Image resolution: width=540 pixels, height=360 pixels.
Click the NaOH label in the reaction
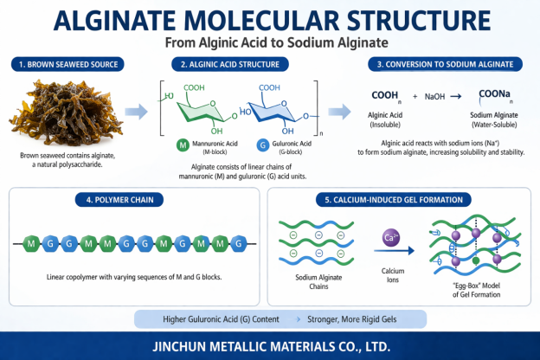[x=435, y=97]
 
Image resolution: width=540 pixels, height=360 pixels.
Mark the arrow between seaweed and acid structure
[x=137, y=111]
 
